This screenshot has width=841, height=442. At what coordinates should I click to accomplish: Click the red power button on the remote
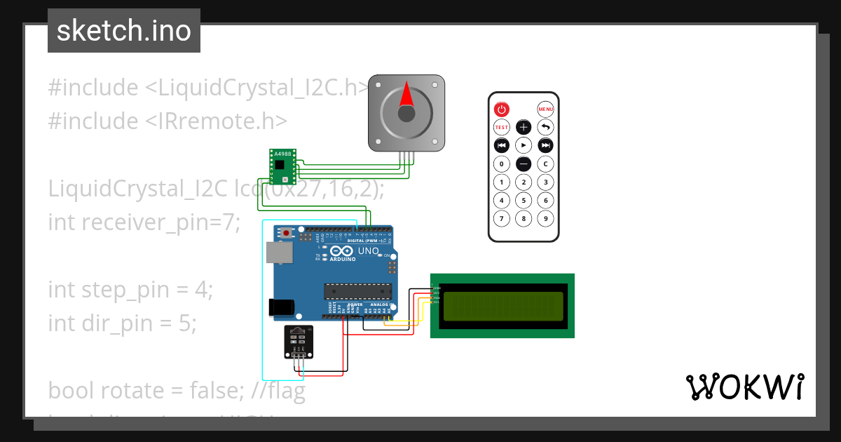pyautogui.click(x=501, y=109)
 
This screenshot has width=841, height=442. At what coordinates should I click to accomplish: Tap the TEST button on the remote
pyautogui.click(x=501, y=127)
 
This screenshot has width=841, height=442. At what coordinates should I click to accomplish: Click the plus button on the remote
pyautogui.click(x=524, y=127)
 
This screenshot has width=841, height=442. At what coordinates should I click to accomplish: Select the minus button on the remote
pyautogui.click(x=524, y=163)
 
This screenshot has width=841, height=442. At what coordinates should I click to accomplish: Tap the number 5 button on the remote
pyautogui.click(x=524, y=200)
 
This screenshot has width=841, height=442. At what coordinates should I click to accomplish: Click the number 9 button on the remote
pyautogui.click(x=546, y=218)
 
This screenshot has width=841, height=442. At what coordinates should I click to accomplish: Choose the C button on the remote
pyautogui.click(x=546, y=163)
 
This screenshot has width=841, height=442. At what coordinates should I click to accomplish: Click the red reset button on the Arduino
pyautogui.click(x=287, y=233)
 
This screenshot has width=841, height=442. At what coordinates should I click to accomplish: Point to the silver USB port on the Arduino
pyautogui.click(x=278, y=253)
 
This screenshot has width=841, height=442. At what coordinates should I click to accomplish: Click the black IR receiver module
pyautogui.click(x=299, y=342)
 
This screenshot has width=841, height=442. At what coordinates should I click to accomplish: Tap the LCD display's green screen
pyautogui.click(x=502, y=306)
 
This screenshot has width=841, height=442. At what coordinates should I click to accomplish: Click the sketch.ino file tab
pyautogui.click(x=124, y=31)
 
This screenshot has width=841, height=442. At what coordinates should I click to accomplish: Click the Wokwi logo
pyautogui.click(x=744, y=387)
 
